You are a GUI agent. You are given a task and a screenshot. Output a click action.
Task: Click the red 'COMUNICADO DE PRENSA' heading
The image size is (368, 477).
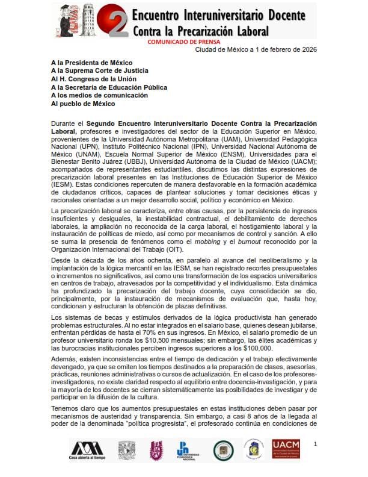[x=184, y=42]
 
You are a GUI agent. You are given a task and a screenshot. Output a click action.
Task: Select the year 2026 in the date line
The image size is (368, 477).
[x=307, y=49]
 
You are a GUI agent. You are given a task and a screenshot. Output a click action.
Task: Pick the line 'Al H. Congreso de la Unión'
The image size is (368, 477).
[x=96, y=79]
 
